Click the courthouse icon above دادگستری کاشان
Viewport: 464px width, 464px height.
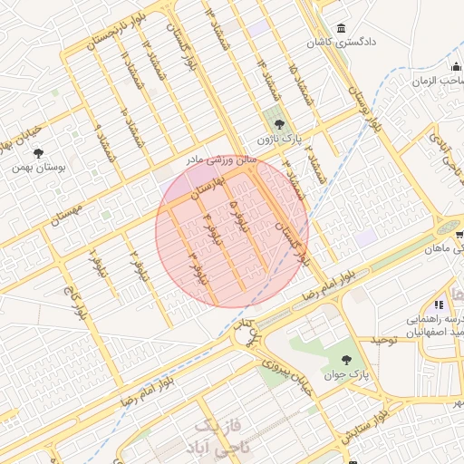(x=341, y=27)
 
